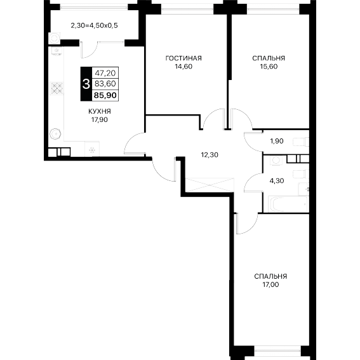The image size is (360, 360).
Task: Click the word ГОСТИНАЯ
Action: click(x=183, y=58)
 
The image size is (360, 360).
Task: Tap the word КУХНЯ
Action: click(x=100, y=112)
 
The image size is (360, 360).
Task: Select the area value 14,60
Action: click(x=183, y=67)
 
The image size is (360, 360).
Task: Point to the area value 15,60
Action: click(x=269, y=67)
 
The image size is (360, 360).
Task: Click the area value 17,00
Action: click(x=270, y=284)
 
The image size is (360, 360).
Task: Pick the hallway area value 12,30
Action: click(x=210, y=155)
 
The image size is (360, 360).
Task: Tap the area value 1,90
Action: click(x=277, y=141)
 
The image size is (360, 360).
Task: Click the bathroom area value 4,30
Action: click(x=277, y=181)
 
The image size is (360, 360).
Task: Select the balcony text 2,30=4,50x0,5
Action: click(x=95, y=25)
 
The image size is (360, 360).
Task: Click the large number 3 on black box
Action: click(x=86, y=84)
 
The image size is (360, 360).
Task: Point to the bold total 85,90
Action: click(x=105, y=95)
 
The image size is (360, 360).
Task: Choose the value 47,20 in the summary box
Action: click(x=105, y=73)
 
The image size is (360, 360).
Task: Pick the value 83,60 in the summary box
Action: click(x=105, y=84)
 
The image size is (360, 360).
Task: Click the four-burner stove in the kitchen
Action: click(x=57, y=88)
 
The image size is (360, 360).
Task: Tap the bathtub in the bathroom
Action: click(x=288, y=204)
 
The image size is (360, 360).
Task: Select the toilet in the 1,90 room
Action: click(x=301, y=142)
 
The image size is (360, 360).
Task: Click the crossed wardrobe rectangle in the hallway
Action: click(x=210, y=185)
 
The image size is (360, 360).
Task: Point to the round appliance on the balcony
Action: click(x=55, y=38)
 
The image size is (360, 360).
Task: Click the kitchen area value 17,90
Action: click(x=100, y=120)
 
